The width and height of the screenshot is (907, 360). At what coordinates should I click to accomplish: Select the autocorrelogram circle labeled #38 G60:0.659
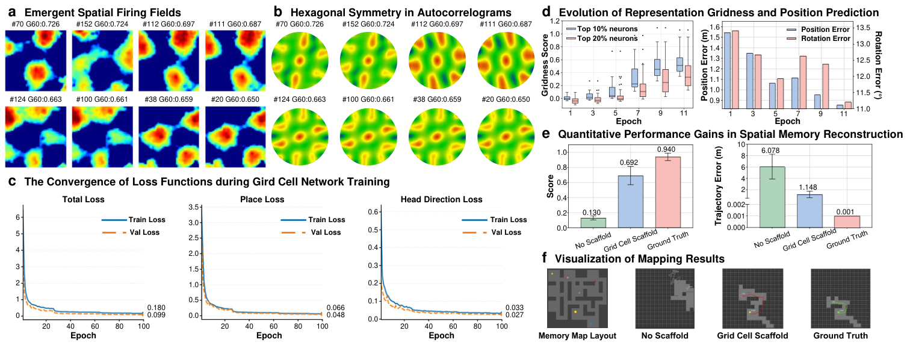point(435,137)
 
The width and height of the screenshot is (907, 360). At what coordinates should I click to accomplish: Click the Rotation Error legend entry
point(822,38)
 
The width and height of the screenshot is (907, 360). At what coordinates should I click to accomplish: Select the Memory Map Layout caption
point(577,336)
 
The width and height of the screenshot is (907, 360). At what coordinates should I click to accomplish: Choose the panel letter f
point(545,258)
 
